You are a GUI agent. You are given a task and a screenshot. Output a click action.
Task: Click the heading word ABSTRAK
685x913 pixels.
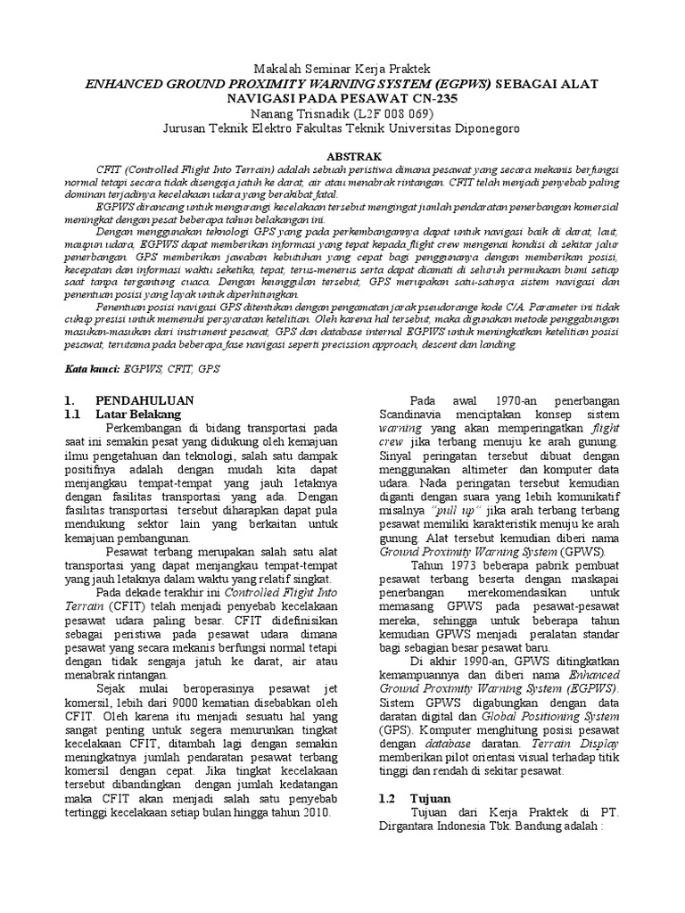click(x=342, y=154)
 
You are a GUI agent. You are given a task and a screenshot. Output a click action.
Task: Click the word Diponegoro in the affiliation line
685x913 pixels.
click(x=486, y=127)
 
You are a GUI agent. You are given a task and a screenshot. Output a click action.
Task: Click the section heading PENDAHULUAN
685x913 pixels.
click(x=145, y=400)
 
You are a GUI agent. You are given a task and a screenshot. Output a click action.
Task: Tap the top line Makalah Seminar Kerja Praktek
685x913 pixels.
click(x=342, y=69)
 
